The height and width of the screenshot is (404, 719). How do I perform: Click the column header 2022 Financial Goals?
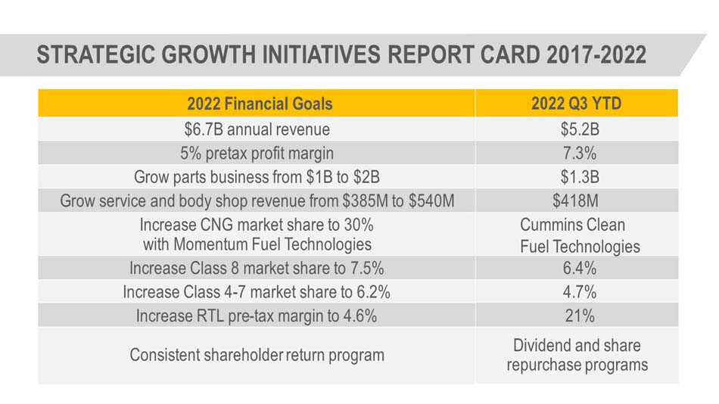260,104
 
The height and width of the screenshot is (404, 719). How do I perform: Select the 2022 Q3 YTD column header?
577,104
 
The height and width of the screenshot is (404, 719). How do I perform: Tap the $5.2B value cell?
580,129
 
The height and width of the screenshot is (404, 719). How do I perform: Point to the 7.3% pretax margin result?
580,153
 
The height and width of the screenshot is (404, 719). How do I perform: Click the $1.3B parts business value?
580,177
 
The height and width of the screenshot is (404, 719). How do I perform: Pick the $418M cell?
575,200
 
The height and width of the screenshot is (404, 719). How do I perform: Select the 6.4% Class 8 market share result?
580,269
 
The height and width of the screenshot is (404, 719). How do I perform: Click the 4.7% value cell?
580,292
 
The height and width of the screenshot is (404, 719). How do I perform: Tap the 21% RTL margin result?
580,316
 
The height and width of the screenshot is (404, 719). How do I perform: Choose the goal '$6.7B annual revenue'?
257,129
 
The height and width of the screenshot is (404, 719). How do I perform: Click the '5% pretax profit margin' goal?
257,153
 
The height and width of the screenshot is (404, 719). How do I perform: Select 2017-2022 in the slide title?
596,54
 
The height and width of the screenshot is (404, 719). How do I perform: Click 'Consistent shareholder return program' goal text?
257,355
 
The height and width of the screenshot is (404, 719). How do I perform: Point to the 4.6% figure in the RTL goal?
360,316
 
